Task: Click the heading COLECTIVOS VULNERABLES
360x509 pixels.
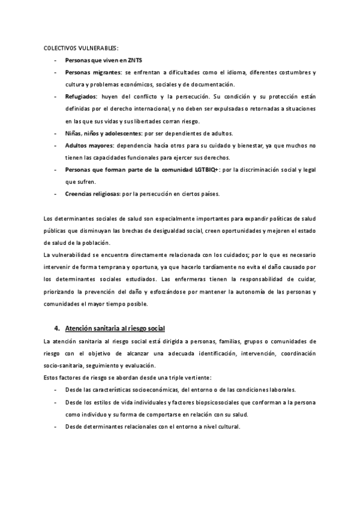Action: point(81,47)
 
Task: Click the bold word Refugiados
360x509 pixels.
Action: point(81,96)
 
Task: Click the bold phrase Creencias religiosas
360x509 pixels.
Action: point(92,194)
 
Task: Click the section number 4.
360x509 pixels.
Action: point(56,328)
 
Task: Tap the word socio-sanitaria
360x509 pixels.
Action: point(64,366)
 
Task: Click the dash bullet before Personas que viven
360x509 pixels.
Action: point(56,60)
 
